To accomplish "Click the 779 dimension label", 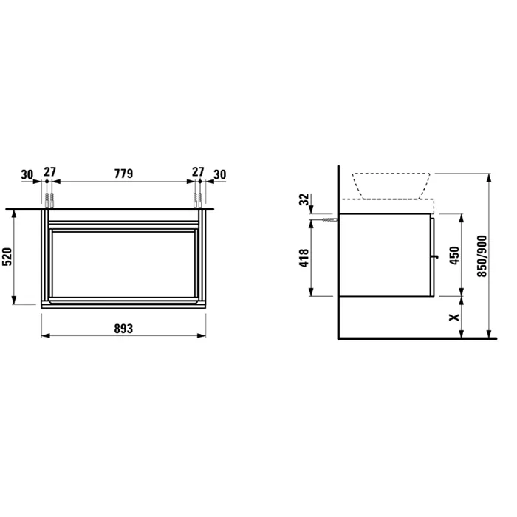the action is pyautogui.click(x=123, y=174).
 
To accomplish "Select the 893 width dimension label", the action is pyautogui.click(x=123, y=329).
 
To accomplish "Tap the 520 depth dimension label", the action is pyautogui.click(x=7, y=256).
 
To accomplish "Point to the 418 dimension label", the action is pyautogui.click(x=304, y=258).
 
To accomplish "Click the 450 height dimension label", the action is pyautogui.click(x=454, y=256).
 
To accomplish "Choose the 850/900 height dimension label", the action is pyautogui.click(x=482, y=256).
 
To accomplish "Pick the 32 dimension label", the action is pyautogui.click(x=304, y=199).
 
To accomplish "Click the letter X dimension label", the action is pyautogui.click(x=454, y=317).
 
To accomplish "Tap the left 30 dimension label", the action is pyautogui.click(x=27, y=174).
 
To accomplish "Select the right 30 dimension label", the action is pyautogui.click(x=220, y=174).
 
